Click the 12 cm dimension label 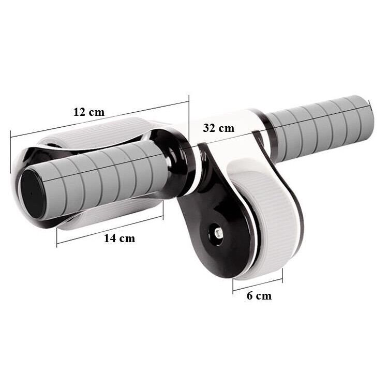pyautogui.click(x=89, y=112)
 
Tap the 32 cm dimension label pyautogui.click(x=218, y=128)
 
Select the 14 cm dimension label pyautogui.click(x=120, y=238)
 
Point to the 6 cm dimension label pyautogui.click(x=259, y=296)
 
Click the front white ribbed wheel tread pyautogui.click(x=267, y=218)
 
